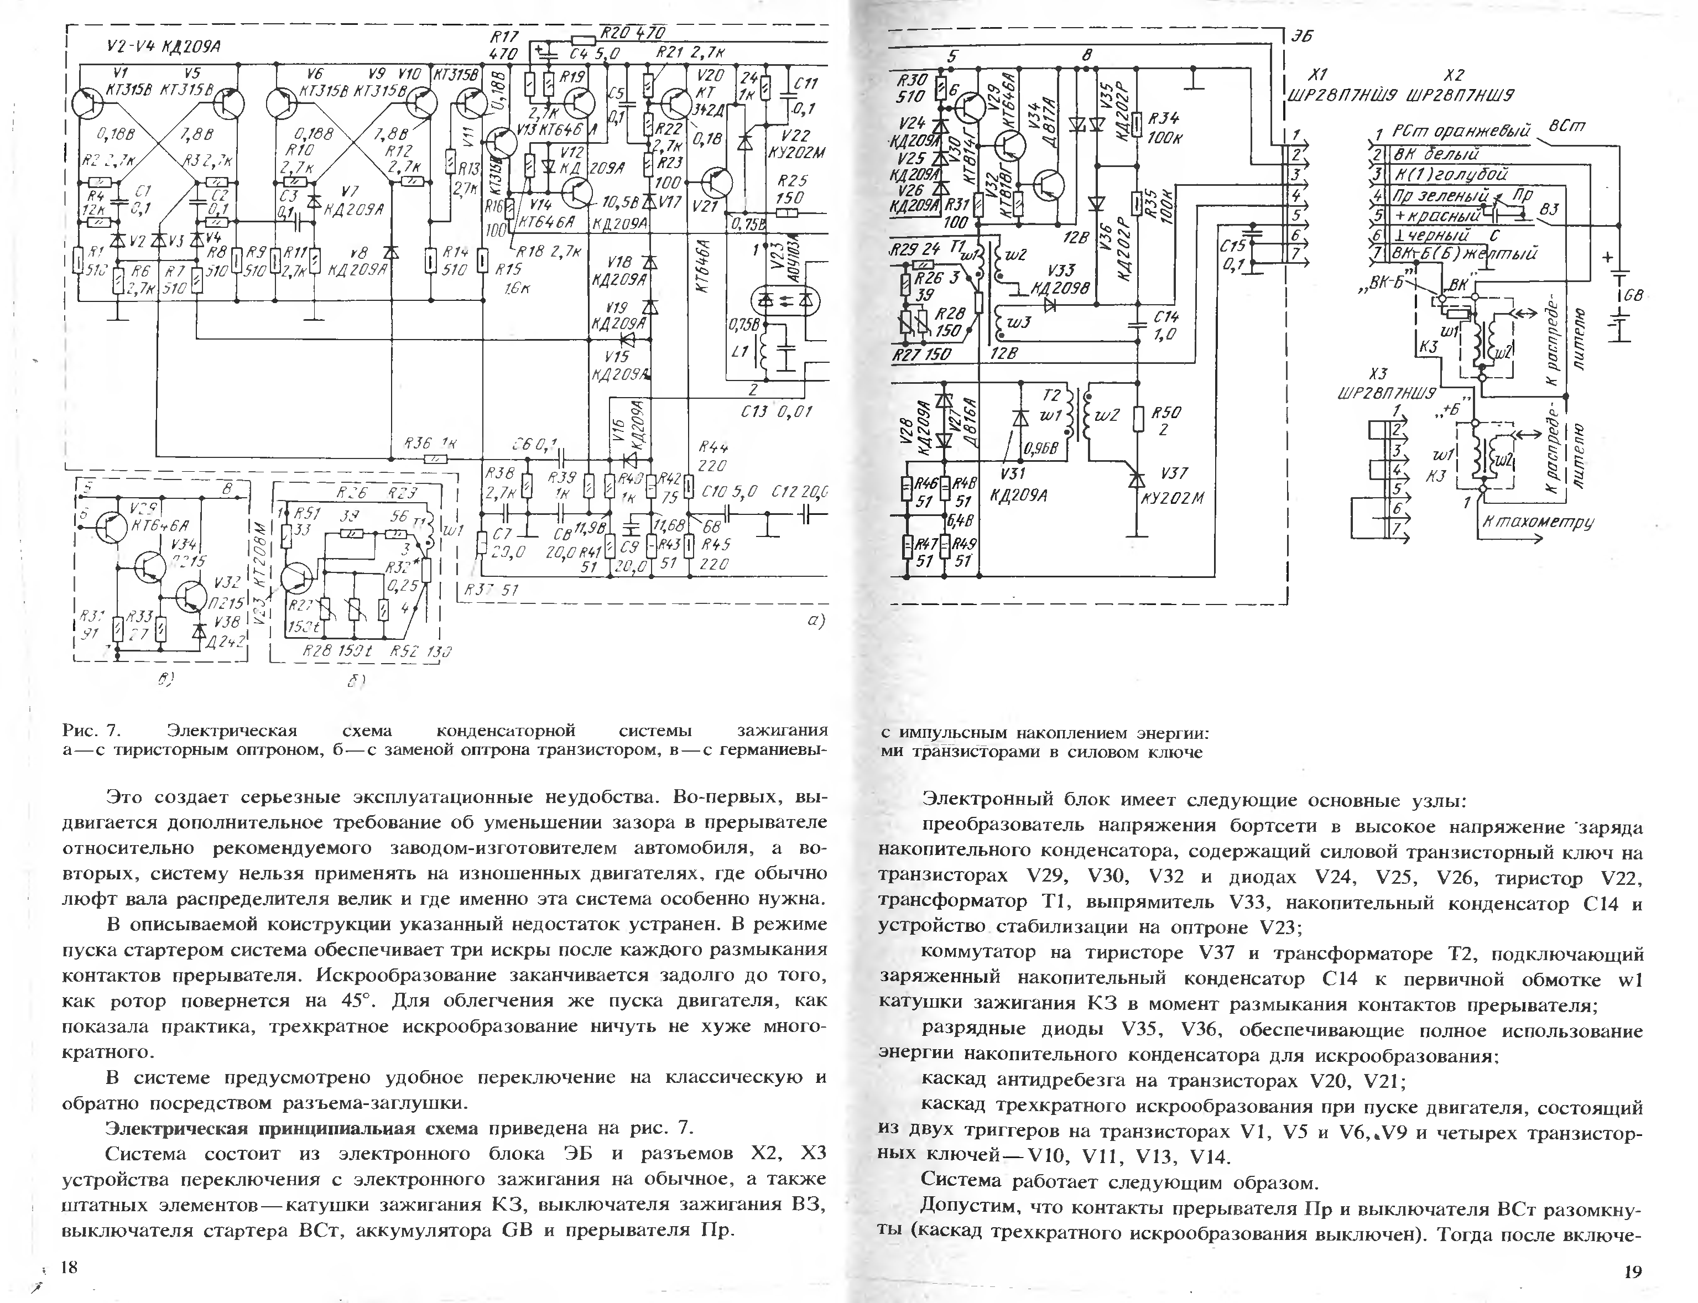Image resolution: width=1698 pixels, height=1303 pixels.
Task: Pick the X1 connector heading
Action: tap(1317, 75)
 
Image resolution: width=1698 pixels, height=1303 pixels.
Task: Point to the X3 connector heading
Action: tap(1378, 373)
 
